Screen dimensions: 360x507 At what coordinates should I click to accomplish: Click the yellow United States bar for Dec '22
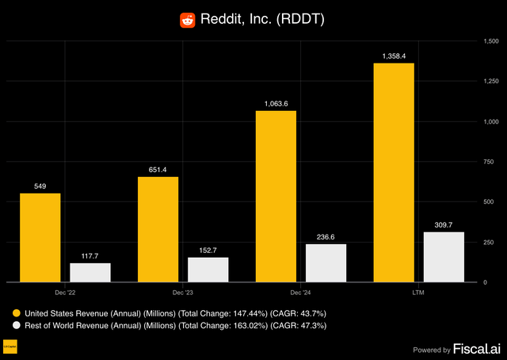pos(40,238)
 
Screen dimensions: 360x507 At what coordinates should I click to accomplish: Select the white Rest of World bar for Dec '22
pos(90,272)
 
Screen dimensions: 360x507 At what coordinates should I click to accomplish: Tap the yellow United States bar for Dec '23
pos(158,229)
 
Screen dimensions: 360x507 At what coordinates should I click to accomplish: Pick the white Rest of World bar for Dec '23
pos(208,270)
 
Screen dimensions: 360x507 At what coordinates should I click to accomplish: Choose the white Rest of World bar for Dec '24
pos(326,262)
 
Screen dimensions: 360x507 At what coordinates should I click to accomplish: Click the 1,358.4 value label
pos(394,56)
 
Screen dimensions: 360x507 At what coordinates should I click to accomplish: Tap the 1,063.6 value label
pos(276,104)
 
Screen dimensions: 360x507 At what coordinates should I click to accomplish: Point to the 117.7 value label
pos(90,256)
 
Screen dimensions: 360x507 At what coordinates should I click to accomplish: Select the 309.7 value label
pos(444,225)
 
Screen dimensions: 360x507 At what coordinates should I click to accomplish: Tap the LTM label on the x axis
pos(418,293)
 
